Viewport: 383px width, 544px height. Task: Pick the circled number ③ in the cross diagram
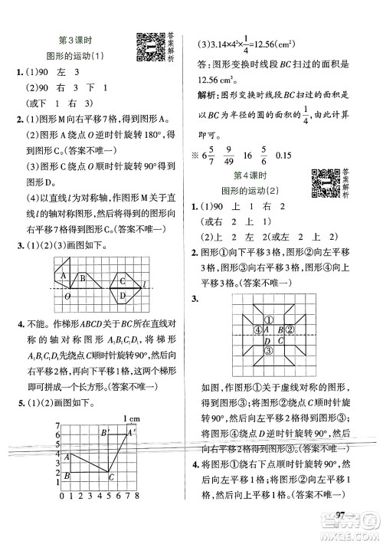[x=269, y=350]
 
